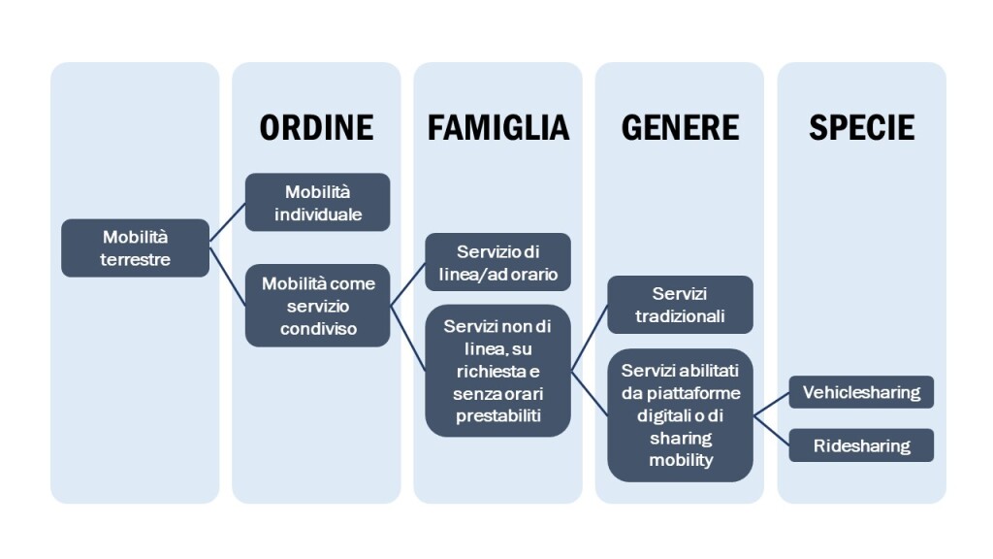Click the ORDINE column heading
pyautogui.click(x=316, y=127)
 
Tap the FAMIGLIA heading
pyautogui.click(x=498, y=127)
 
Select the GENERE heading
pyautogui.click(x=680, y=127)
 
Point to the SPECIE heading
pyautogui.click(x=862, y=127)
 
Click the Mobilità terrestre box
pyautogui.click(x=135, y=247)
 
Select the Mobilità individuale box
pyautogui.click(x=317, y=202)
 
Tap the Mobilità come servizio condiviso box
pyautogui.click(x=317, y=306)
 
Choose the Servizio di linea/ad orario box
pyautogui.click(x=497, y=262)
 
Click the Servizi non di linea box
pyautogui.click(x=497, y=371)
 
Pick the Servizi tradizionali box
pyautogui.click(x=680, y=305)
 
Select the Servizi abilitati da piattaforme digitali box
pyautogui.click(x=680, y=415)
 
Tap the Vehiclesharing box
pyautogui.click(x=861, y=392)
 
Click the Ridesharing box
pyautogui.click(x=861, y=445)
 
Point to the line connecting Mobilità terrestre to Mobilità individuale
pyautogui.click(x=227, y=222)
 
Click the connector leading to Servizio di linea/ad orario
pyautogui.click(x=408, y=284)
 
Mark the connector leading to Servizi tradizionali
pyautogui.click(x=590, y=338)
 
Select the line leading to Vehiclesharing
pyautogui.click(x=771, y=404)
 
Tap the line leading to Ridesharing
pyautogui.click(x=771, y=430)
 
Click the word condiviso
pyautogui.click(x=318, y=329)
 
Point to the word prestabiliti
pyautogui.click(x=498, y=416)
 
